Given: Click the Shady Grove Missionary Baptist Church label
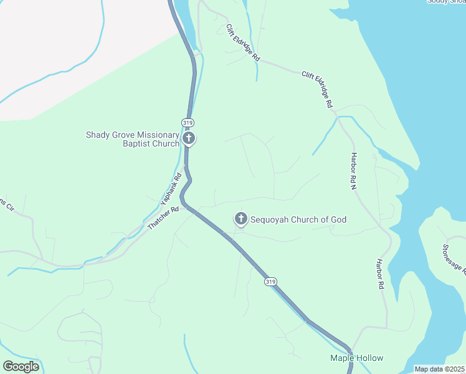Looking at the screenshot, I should [x=132, y=139].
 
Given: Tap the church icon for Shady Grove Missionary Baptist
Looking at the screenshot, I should [x=189, y=138].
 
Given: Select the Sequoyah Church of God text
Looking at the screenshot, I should [x=298, y=219].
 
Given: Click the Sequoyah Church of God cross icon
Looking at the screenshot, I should [x=240, y=219].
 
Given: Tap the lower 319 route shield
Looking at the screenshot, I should [x=270, y=282].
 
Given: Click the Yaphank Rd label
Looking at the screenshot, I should [x=171, y=189].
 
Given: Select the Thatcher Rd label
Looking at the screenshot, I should [x=163, y=218].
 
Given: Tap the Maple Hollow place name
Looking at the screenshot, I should [x=356, y=358].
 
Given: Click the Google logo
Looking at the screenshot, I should [x=21, y=366].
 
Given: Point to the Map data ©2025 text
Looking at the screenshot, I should [x=439, y=369].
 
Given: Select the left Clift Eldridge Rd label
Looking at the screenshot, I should [x=243, y=42].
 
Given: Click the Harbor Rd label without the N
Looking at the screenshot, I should [x=379, y=274].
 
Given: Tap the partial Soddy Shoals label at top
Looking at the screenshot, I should [x=446, y=2].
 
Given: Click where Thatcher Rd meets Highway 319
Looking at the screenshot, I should [x=186, y=204].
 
